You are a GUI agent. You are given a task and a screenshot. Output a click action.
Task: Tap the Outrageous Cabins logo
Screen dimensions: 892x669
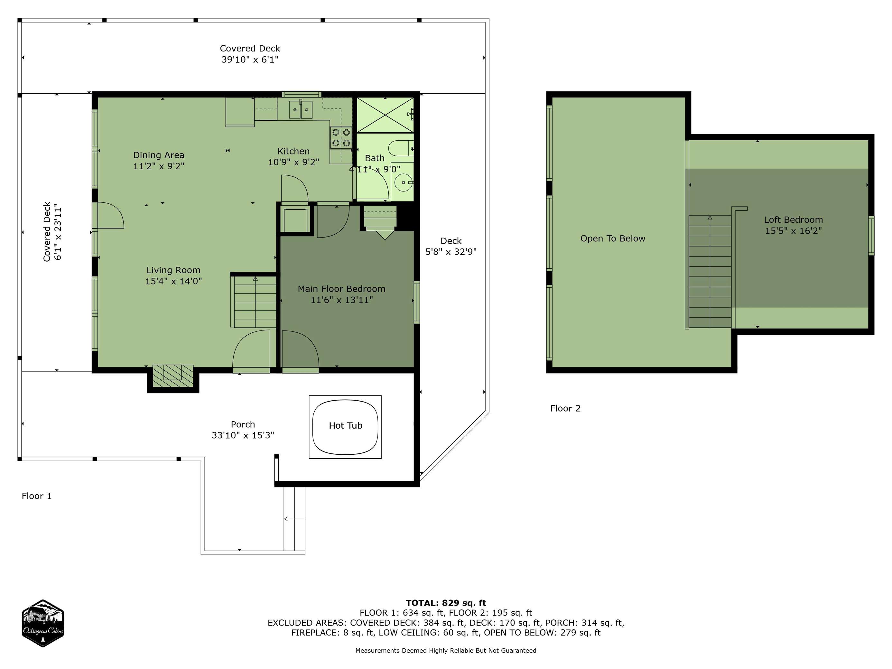coord(43,623)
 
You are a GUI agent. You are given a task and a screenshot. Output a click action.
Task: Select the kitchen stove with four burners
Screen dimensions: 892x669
coord(341,137)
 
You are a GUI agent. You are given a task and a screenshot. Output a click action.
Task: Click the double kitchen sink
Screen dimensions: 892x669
coord(301,109)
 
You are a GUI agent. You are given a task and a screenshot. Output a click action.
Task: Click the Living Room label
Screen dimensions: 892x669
coord(173,270)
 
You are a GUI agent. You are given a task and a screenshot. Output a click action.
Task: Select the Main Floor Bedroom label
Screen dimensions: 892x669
coord(341,289)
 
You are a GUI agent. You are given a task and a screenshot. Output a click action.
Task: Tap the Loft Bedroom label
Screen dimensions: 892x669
coord(793,220)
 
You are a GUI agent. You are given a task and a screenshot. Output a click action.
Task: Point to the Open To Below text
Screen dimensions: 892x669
coord(613,238)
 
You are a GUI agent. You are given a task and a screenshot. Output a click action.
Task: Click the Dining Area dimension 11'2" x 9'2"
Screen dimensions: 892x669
coord(159,166)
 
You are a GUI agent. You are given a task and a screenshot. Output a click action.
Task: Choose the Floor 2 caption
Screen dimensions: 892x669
coord(565,408)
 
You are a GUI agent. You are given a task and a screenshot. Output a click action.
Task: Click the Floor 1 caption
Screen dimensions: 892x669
coord(37,496)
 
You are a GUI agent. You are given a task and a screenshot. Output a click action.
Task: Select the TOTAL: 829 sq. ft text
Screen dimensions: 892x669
coord(446,603)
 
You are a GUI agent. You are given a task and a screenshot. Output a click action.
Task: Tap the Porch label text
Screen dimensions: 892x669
coord(243,424)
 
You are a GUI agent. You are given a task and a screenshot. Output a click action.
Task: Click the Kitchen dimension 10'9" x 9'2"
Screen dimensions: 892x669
coord(293,162)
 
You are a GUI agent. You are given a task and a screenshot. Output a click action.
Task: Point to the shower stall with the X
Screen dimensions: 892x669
coord(386,115)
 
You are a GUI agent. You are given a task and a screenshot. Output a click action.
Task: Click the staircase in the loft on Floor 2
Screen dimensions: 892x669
coord(710,271)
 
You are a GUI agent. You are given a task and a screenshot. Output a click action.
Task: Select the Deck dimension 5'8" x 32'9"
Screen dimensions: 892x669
coord(451,252)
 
